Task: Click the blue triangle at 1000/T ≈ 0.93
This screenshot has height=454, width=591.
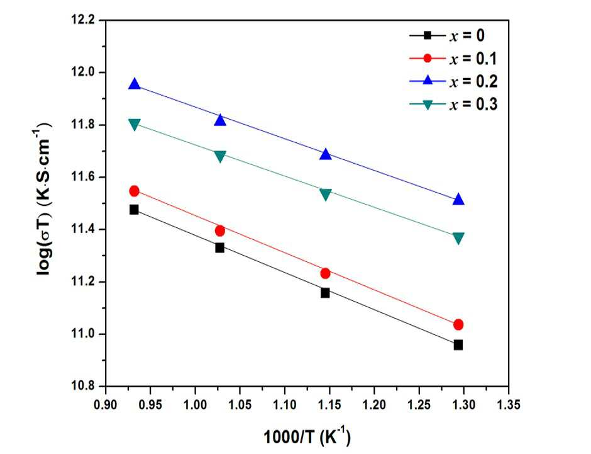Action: [135, 84]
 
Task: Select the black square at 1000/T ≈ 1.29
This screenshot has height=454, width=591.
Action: [458, 344]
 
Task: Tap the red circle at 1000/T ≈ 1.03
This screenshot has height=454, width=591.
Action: [220, 230]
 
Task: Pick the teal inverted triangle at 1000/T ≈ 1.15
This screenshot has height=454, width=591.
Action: [326, 195]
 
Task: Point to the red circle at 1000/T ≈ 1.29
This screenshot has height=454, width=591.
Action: [458, 324]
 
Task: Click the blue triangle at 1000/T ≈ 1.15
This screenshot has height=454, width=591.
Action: [326, 154]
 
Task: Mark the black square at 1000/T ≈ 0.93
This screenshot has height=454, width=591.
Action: [134, 210]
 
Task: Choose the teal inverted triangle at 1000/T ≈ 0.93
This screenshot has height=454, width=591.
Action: [135, 124]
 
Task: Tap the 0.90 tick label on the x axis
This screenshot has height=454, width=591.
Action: [106, 404]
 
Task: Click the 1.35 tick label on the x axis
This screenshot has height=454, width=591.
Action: [509, 404]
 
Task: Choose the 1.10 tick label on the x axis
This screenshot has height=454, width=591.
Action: [285, 404]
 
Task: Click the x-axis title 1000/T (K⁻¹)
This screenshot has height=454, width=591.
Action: [307, 436]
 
